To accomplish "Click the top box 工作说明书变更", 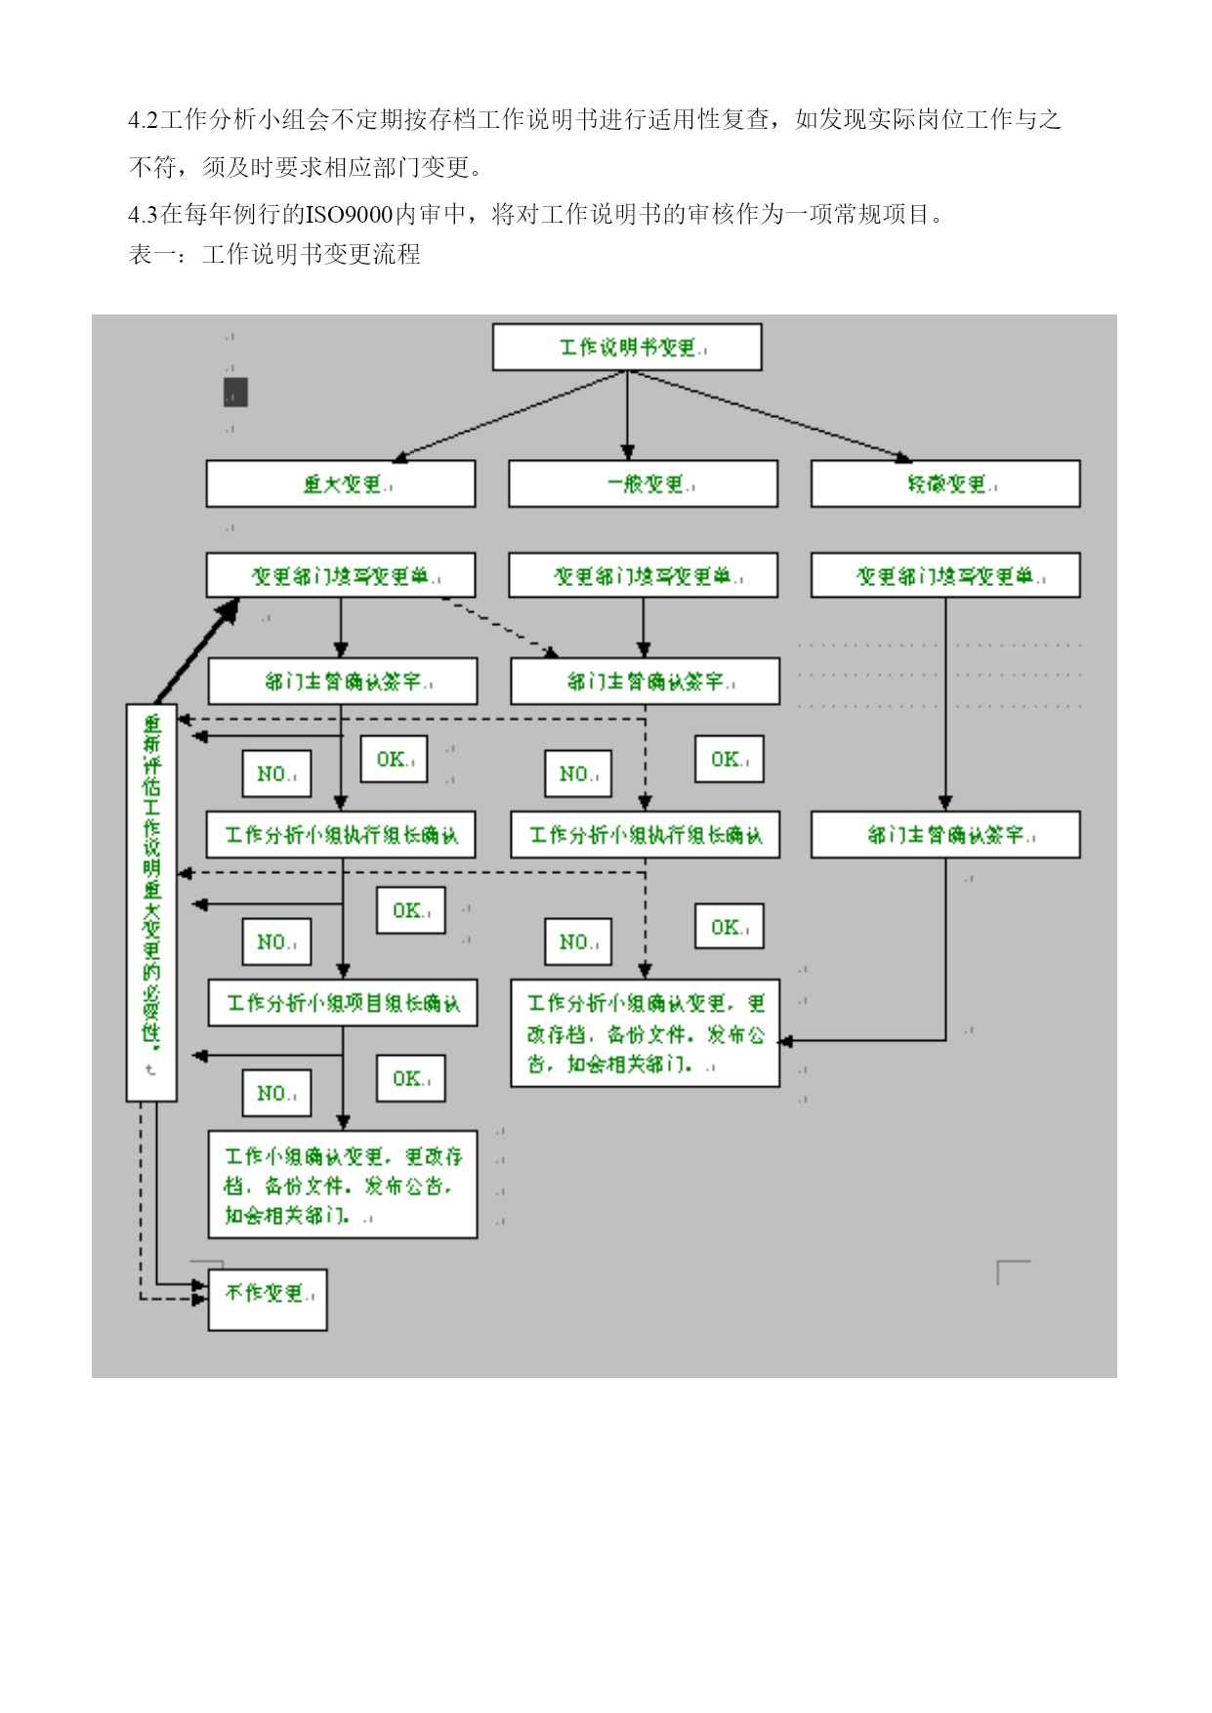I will [626, 348].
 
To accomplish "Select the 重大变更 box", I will [340, 484].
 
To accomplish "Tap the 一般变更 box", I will [643, 484].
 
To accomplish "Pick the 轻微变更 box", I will [944, 484].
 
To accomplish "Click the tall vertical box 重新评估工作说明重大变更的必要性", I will [151, 901].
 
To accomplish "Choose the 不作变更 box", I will [268, 1299].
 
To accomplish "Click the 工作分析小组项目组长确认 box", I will [342, 1003].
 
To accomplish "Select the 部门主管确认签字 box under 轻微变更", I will [944, 835].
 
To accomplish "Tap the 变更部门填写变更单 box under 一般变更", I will [643, 576].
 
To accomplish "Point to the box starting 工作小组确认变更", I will [342, 1185].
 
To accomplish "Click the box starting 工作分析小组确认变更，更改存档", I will [645, 1033].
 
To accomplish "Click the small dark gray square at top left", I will [235, 393].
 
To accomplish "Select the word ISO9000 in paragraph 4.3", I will [349, 215].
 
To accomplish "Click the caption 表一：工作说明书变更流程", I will [274, 255].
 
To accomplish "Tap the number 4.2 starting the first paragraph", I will [143, 120].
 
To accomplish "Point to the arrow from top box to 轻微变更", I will [772, 415].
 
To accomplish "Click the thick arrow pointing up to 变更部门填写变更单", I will [195, 652].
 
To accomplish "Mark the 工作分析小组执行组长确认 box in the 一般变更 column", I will [645, 835].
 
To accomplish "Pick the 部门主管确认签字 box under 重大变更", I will [342, 682].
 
